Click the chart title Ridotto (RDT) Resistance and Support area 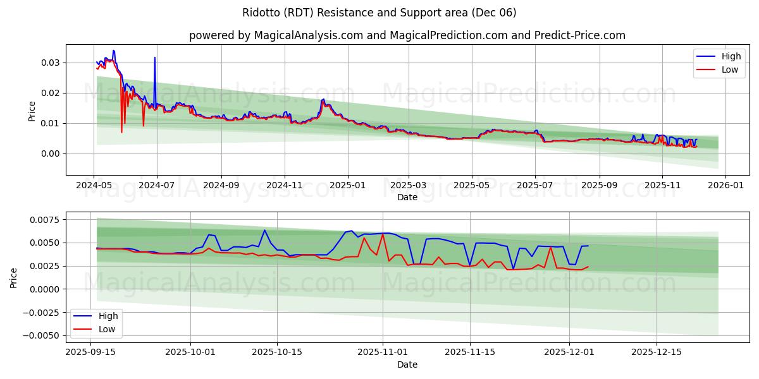pos(379,13)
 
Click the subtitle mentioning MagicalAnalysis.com pos(407,35)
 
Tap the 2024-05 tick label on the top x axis pos(94,186)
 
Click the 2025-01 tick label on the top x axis pos(347,186)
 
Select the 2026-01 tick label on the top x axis pos(725,186)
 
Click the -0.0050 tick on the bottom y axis pos(44,335)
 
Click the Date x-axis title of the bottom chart pos(407,364)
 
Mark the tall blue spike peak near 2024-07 pos(154,57)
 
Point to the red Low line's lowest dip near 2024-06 pos(121,132)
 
